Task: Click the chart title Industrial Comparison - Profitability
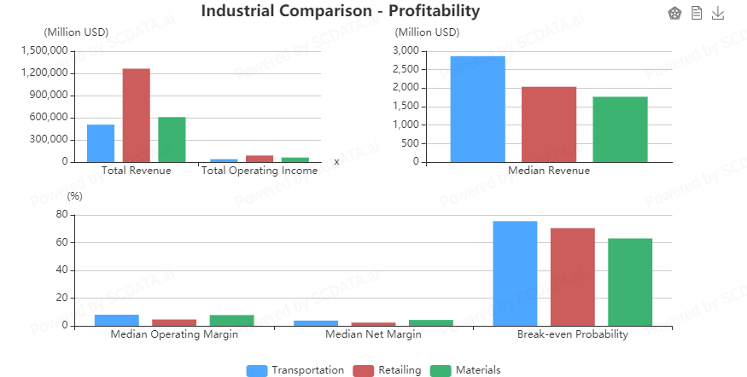[x=341, y=11]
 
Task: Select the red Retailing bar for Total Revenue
[x=136, y=115]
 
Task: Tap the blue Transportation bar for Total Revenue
[x=101, y=142]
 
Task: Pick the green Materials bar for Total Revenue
[x=172, y=139]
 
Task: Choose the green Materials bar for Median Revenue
[x=620, y=129]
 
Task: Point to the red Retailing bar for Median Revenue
[x=549, y=124]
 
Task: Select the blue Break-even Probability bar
[x=515, y=273]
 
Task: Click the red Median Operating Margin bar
[x=174, y=322]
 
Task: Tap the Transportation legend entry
[x=295, y=370]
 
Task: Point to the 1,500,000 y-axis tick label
[x=44, y=50]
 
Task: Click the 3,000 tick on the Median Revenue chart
[x=406, y=50]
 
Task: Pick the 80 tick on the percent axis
[x=61, y=215]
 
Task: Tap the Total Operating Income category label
[x=259, y=171]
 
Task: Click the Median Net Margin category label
[x=373, y=334]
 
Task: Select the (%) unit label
[x=75, y=195]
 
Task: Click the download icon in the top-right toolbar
[x=717, y=13]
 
